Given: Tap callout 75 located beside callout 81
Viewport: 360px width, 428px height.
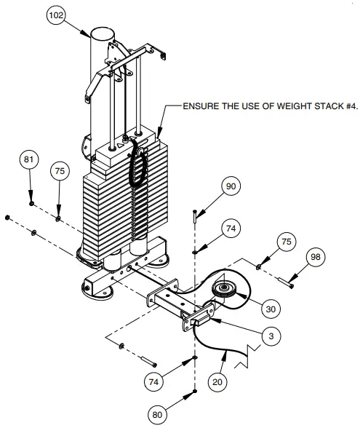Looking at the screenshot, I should [x=60, y=172].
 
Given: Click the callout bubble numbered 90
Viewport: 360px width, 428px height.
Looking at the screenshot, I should [x=231, y=187].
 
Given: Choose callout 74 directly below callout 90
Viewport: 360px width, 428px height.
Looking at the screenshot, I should [x=231, y=229].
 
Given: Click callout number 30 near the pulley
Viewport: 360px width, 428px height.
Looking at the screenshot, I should [x=271, y=309].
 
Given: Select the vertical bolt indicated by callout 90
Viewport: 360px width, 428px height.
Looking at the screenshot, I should [x=196, y=215].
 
